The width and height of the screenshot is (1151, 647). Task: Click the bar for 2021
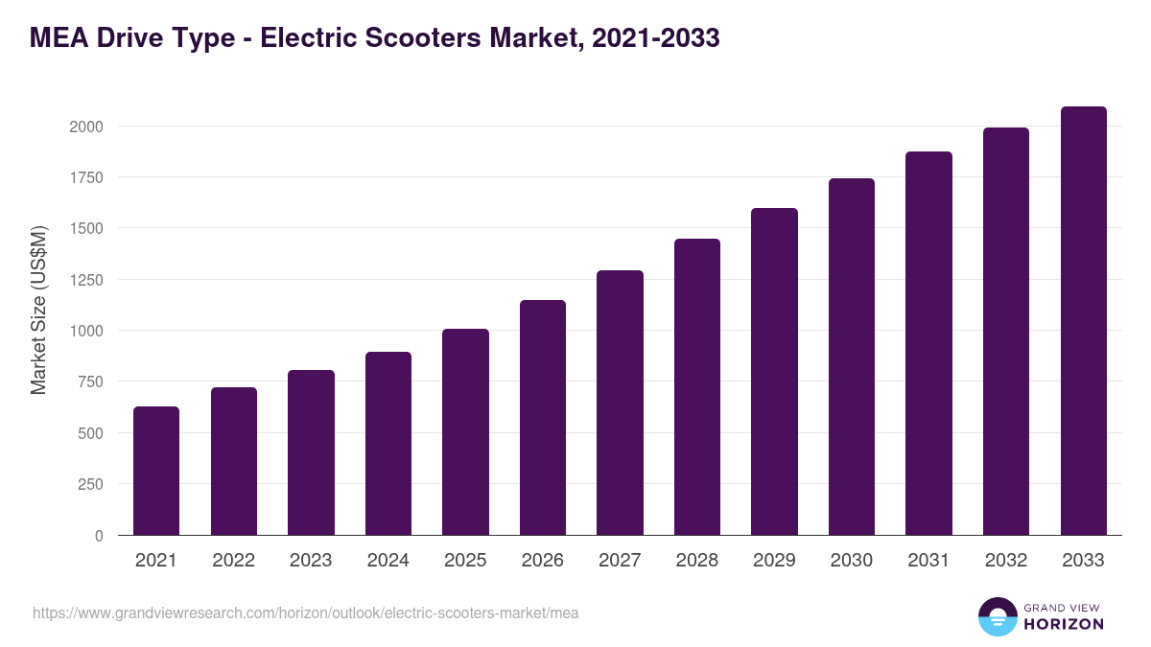tap(155, 471)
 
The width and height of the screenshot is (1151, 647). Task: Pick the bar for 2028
tap(696, 386)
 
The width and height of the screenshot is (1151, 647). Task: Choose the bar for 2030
tap(851, 357)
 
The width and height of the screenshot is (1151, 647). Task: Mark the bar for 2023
tap(311, 452)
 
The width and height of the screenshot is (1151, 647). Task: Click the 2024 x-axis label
tap(388, 561)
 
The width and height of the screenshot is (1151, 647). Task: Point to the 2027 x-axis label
tap(620, 561)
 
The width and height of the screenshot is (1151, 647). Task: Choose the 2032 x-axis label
tap(1005, 561)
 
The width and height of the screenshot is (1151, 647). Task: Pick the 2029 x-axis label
tap(774, 561)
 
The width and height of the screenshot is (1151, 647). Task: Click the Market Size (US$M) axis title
tap(38, 311)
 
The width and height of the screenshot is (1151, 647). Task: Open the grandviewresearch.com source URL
tap(305, 612)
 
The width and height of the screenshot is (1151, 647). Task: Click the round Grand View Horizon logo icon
tap(997, 616)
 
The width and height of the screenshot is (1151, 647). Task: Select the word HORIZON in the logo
tap(1064, 624)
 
